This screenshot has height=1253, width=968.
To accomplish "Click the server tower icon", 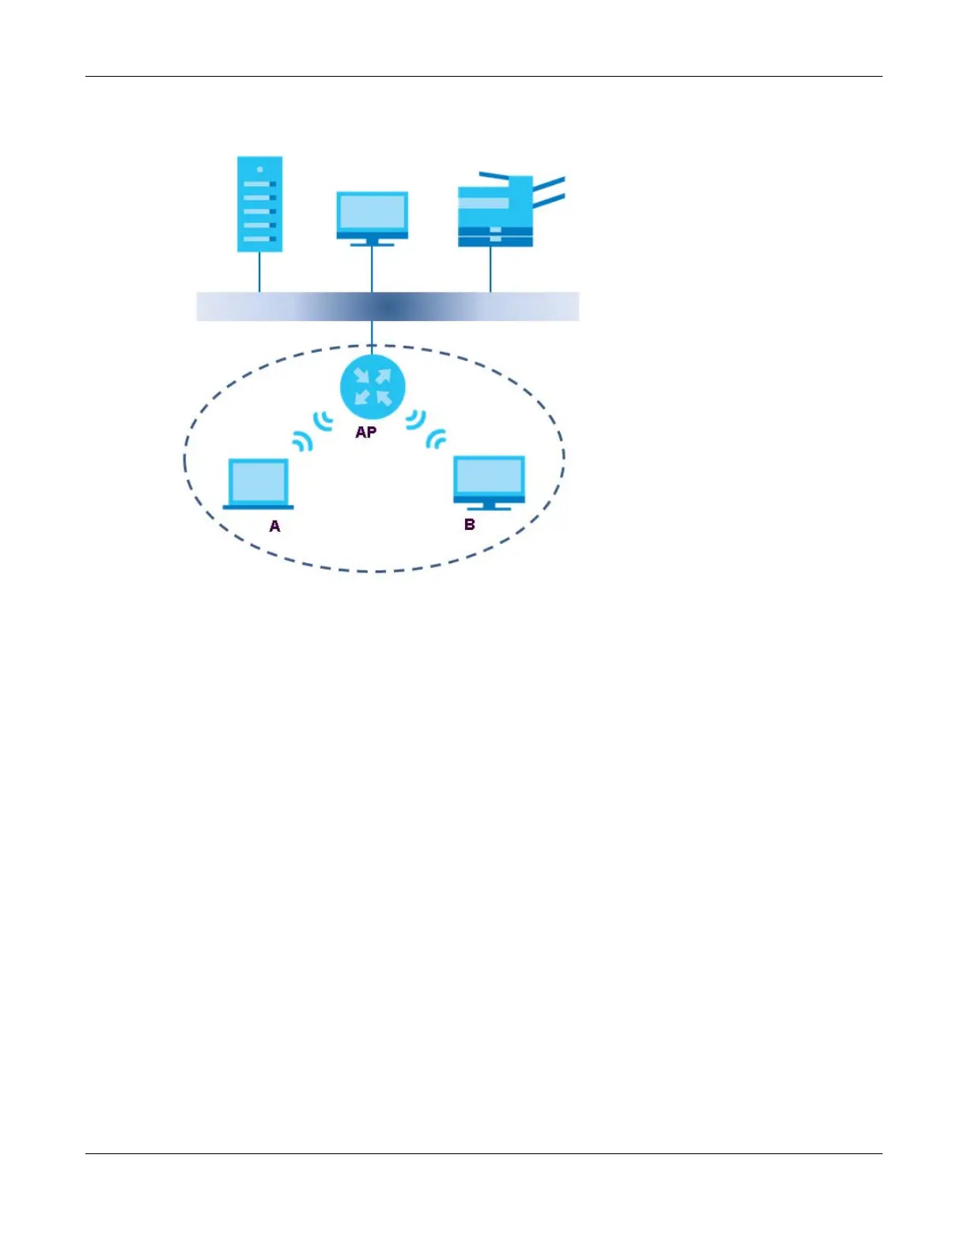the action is pos(259,204).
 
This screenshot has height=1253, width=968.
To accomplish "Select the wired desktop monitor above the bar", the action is pos(372,214).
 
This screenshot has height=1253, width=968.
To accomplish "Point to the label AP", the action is pos(365,432).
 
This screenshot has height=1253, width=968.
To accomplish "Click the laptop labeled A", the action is pos(259,483).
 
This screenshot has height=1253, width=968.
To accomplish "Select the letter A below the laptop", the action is pos(274,526).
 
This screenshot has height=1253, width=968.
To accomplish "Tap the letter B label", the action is pos(470,524).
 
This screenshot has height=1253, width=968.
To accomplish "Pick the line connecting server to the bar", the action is pos(259,272).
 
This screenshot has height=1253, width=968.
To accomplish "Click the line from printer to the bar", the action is pos(490,270).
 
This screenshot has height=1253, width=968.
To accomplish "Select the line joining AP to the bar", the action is pos(372,332).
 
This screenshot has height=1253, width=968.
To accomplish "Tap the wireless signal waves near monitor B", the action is pos(436,438).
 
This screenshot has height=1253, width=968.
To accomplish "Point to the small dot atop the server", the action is pos(259,168).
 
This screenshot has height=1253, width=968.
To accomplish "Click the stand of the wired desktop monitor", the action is pos(372,242).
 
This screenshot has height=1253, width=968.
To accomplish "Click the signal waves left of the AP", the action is pos(323,422).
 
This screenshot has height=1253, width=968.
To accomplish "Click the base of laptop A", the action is pos(258,507).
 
